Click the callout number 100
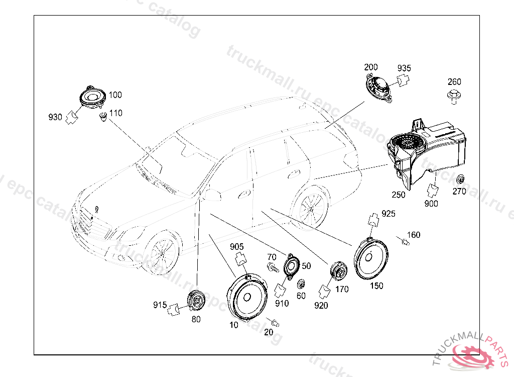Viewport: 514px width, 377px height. pyautogui.click(x=115, y=95)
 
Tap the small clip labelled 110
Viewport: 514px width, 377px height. pyautogui.click(x=103, y=118)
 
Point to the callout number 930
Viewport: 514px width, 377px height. pyautogui.click(x=55, y=118)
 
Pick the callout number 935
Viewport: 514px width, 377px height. pyautogui.click(x=404, y=68)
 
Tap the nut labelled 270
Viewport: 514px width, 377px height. pyautogui.click(x=459, y=179)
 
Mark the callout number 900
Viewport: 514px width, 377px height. pyautogui.click(x=431, y=204)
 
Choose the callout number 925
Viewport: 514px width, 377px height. pyautogui.click(x=389, y=214)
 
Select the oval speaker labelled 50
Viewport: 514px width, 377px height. pyautogui.click(x=291, y=266)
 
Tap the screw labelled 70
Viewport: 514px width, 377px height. pyautogui.click(x=272, y=268)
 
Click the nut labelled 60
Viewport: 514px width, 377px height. pyautogui.click(x=301, y=284)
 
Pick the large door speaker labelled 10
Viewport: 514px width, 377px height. pyautogui.click(x=246, y=299)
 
